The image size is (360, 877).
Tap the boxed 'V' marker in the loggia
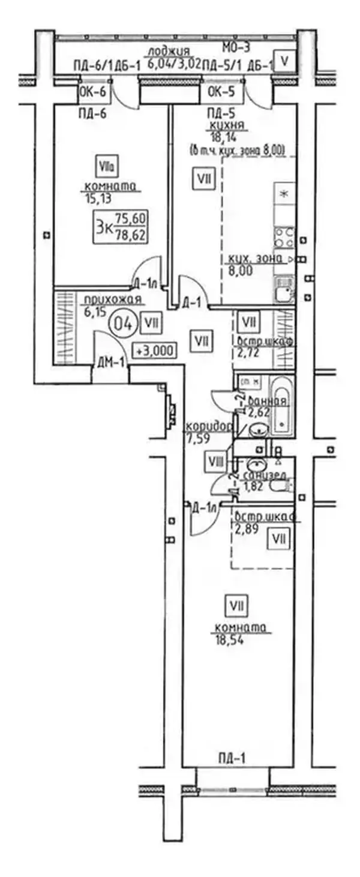click(286, 61)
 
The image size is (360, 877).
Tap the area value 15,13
click(94, 196)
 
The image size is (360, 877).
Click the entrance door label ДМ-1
click(110, 362)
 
